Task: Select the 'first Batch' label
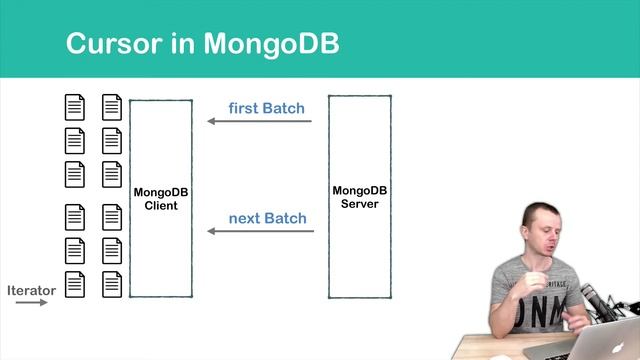click(x=266, y=107)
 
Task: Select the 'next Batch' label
click(x=267, y=217)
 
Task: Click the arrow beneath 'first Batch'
click(x=260, y=122)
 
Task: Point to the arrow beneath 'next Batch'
click(x=260, y=232)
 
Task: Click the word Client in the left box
click(x=160, y=206)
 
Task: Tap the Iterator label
click(x=31, y=290)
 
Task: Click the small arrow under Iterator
click(x=31, y=301)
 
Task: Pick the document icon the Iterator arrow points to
click(x=75, y=284)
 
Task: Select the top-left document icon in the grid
click(x=75, y=106)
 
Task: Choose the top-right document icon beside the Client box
click(x=111, y=106)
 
